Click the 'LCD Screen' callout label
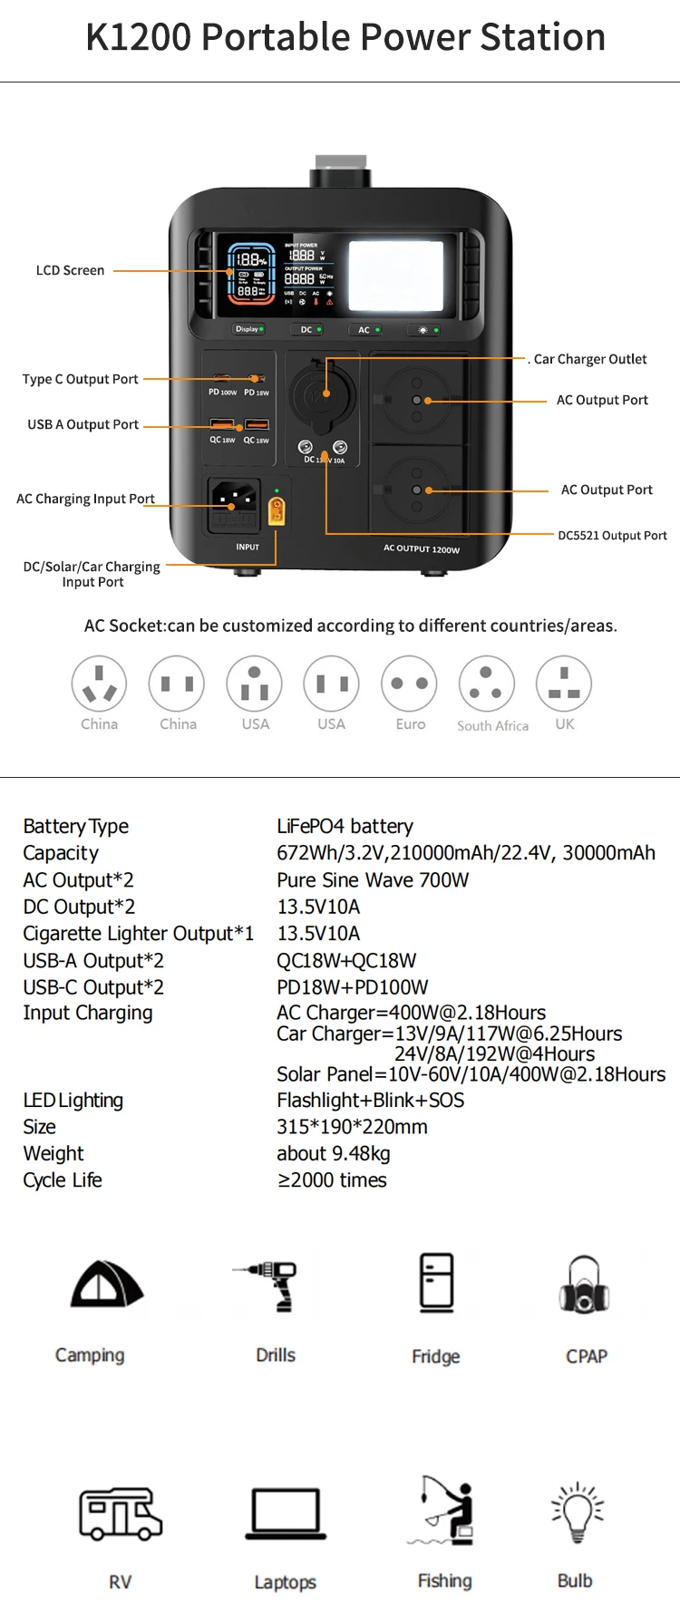[x=70, y=270]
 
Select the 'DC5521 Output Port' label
[x=612, y=536]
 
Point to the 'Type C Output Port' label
[x=80, y=379]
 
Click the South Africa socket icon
[x=486, y=684]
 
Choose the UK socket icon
[x=564, y=684]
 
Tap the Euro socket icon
[x=409, y=684]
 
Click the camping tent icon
[x=107, y=1285]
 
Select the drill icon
[x=271, y=1285]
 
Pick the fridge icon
[x=436, y=1282]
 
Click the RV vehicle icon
[x=120, y=1513]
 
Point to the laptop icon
[x=286, y=1513]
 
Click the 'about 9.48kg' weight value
[x=334, y=1153]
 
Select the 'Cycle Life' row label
[x=63, y=1180]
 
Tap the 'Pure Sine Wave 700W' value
[x=373, y=879]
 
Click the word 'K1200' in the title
[x=139, y=37]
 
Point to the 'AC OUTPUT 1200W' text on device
[x=421, y=548]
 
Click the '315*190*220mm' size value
[x=352, y=1127]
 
